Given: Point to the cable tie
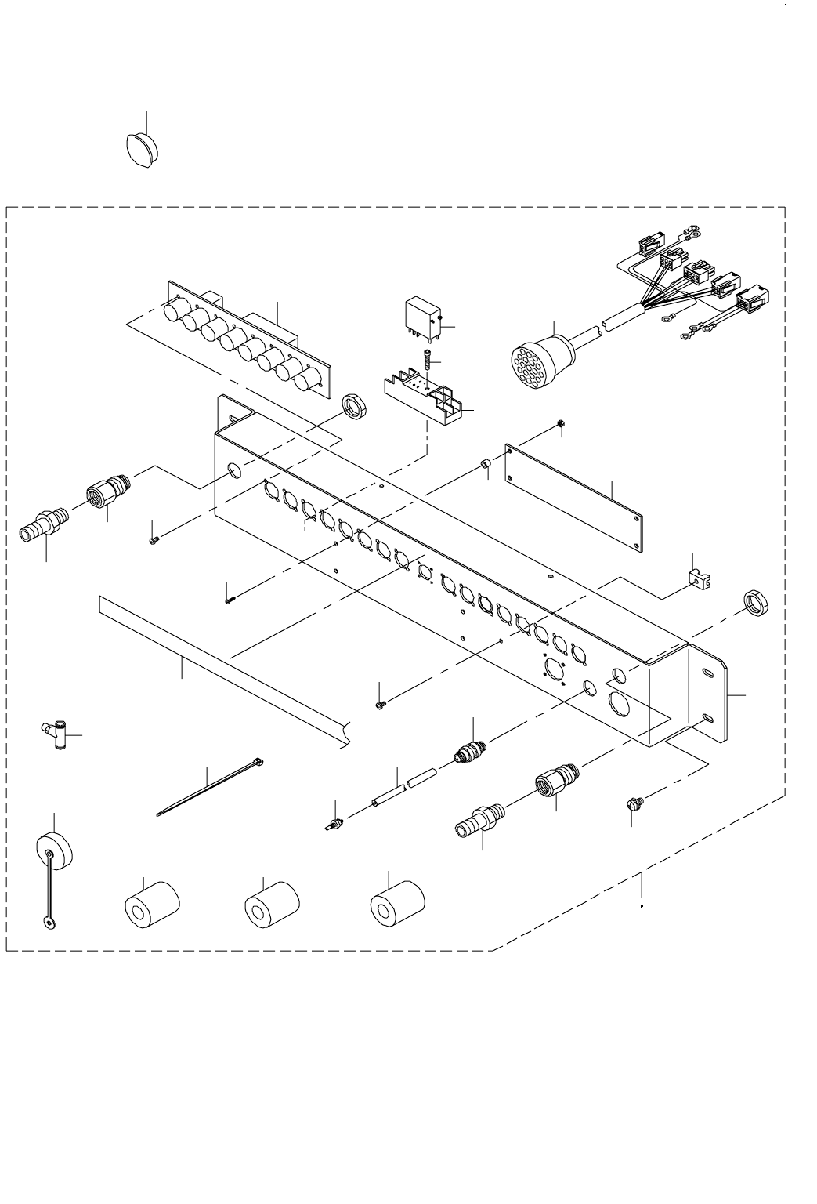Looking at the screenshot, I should [209, 787].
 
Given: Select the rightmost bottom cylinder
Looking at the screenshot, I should [396, 906].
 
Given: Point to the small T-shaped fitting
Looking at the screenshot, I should [56, 736].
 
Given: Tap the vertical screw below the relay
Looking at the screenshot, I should [428, 362].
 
